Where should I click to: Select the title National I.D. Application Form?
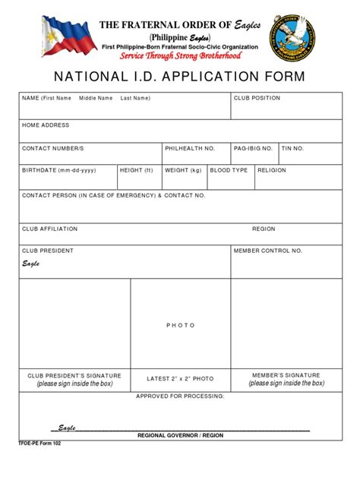(180, 77)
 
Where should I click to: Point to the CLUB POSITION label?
(257, 98)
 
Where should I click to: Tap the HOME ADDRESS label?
(46, 125)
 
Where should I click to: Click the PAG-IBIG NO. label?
(253, 148)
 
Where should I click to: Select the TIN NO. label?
(293, 148)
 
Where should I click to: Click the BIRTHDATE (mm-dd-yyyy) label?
(61, 171)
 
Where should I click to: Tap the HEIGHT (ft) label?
(137, 171)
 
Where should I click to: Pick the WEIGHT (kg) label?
(183, 171)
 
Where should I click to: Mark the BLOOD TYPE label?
(229, 171)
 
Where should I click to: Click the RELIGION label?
(272, 171)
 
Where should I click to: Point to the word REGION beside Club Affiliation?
(264, 229)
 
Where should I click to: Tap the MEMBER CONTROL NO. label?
(268, 250)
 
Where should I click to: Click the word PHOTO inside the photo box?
(181, 325)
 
